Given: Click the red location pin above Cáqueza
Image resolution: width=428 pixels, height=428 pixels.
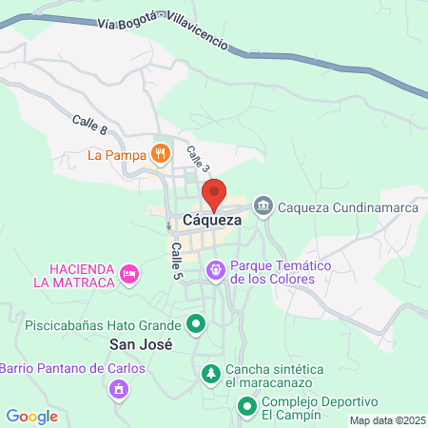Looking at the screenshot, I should click(x=214, y=194).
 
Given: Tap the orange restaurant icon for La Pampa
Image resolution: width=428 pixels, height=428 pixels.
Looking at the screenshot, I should click(x=161, y=153).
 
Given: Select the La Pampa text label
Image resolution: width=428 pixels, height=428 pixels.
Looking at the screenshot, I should click(x=117, y=154).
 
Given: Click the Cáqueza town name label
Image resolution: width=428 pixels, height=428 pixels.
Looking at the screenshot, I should click(x=212, y=220).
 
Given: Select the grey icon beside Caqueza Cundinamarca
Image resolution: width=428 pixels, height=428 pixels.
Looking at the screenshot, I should click(x=263, y=204).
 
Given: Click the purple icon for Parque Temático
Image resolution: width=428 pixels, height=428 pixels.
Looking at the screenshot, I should click(x=216, y=272).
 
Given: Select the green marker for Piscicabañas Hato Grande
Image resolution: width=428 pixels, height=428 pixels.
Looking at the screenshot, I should click(x=197, y=323).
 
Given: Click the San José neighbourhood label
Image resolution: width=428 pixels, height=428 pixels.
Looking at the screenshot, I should click(x=140, y=345).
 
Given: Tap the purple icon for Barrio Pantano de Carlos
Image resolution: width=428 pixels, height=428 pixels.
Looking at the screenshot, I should click(x=119, y=388).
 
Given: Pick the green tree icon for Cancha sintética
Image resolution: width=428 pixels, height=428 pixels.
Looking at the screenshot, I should click(x=210, y=375).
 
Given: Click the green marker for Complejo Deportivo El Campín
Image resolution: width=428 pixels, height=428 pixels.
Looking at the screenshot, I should click(x=246, y=409).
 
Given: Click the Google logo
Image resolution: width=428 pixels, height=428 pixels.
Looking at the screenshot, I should click(x=31, y=416).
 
